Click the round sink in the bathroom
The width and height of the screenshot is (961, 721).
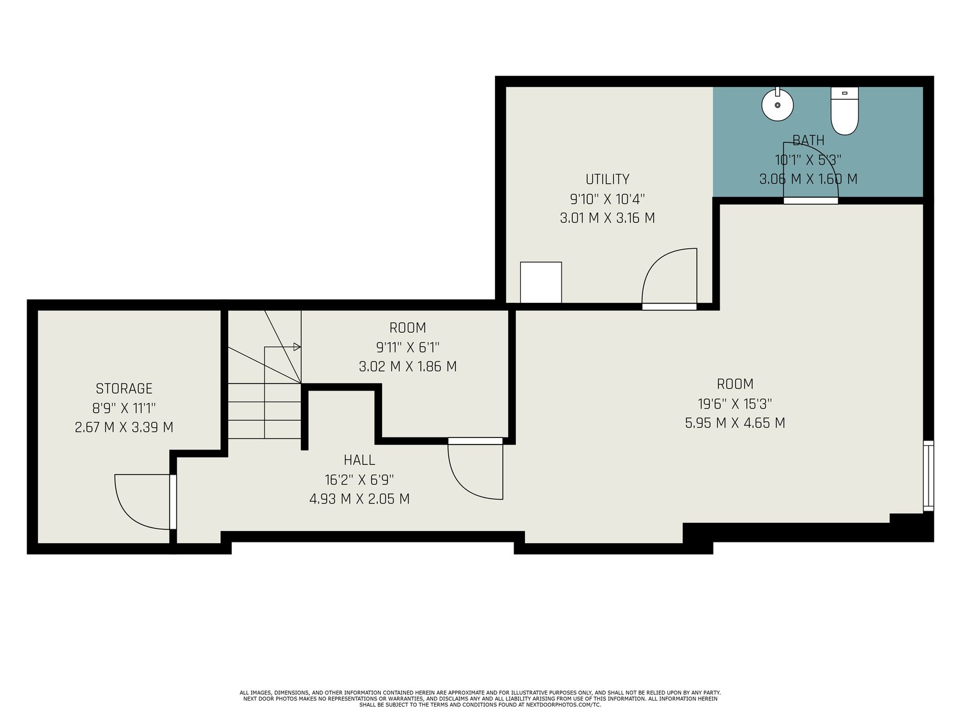777,105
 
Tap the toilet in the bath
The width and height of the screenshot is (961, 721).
844,111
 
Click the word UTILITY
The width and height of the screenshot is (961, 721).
607,179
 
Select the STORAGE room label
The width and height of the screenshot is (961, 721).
124,388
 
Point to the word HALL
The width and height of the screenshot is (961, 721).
359,460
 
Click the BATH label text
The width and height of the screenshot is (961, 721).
808,140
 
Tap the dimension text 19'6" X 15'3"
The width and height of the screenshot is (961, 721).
735,403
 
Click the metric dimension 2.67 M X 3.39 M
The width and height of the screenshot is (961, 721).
124,427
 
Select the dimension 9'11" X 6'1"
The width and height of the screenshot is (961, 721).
408,347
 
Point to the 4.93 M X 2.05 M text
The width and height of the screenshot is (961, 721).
359,499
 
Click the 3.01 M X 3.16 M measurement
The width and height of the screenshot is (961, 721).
607,218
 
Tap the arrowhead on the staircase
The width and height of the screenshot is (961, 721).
297,347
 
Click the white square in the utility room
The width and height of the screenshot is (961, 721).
541,282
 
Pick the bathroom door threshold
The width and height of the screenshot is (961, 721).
810,201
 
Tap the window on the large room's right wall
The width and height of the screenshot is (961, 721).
929,476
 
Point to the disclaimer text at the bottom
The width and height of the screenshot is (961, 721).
480,698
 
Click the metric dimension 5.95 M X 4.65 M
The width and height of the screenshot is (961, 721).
735,423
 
